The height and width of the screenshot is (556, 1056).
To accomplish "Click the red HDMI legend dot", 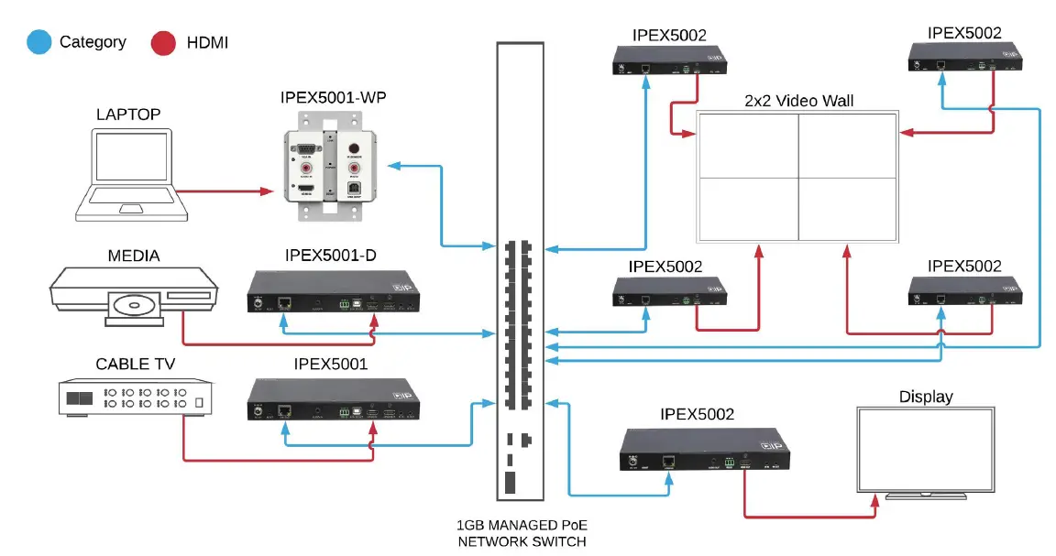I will (x=163, y=42).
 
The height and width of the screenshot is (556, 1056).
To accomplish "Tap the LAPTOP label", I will (x=128, y=114).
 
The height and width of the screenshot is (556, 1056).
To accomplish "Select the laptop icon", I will (x=131, y=174).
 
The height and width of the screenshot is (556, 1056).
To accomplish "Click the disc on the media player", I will (x=134, y=303).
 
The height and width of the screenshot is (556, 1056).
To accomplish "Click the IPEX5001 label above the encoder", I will (x=331, y=365).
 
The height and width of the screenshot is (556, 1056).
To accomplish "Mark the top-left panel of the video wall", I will (x=747, y=144).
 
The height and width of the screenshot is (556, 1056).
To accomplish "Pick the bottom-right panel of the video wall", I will (x=846, y=209).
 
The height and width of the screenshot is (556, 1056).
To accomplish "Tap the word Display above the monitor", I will (x=925, y=397).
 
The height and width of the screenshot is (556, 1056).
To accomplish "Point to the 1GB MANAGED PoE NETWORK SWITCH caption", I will (x=521, y=534).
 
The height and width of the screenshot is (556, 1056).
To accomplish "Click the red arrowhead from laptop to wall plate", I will (x=268, y=191).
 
